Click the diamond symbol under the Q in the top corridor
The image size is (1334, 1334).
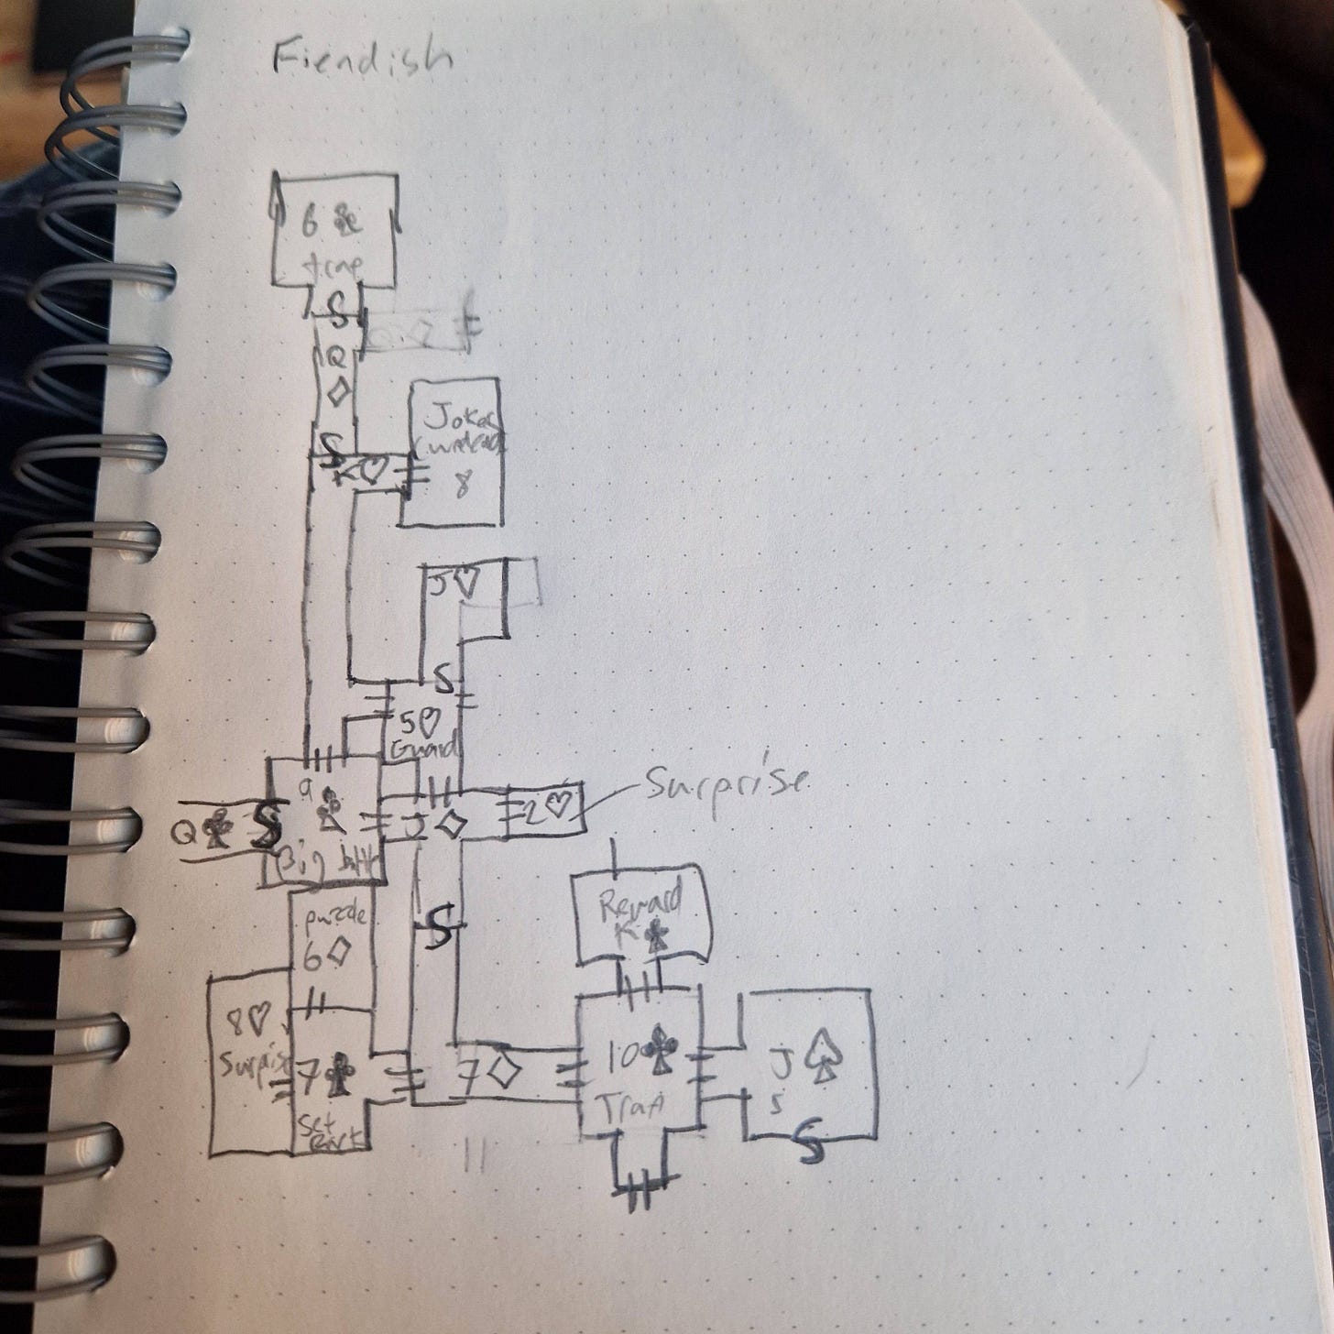click(337, 392)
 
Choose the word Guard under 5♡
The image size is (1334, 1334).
click(423, 749)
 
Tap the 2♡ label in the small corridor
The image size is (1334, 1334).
click(547, 809)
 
